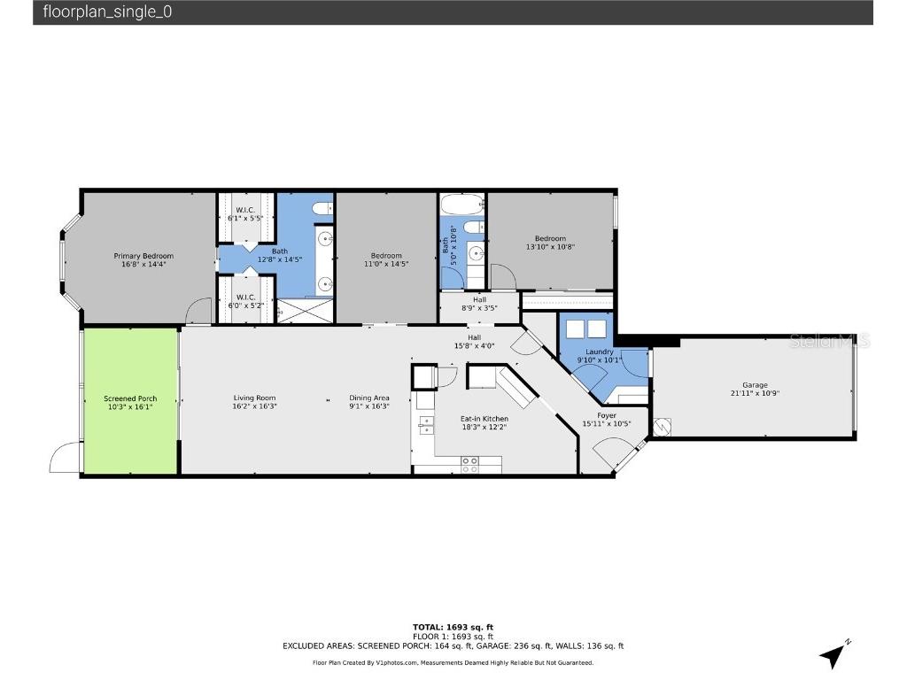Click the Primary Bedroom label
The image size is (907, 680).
click(143, 256)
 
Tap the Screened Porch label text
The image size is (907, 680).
click(130, 399)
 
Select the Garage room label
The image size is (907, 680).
click(755, 385)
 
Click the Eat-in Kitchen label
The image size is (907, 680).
click(484, 419)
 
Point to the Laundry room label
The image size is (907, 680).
click(600, 352)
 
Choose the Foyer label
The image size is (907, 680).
click(607, 415)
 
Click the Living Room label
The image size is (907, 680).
click(254, 398)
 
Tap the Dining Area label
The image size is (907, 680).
click(368, 398)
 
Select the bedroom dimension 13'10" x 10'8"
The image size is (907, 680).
click(550, 247)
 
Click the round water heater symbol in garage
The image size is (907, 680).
click(663, 427)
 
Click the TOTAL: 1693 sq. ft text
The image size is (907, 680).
click(453, 627)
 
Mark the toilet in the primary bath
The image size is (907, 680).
click(323, 209)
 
